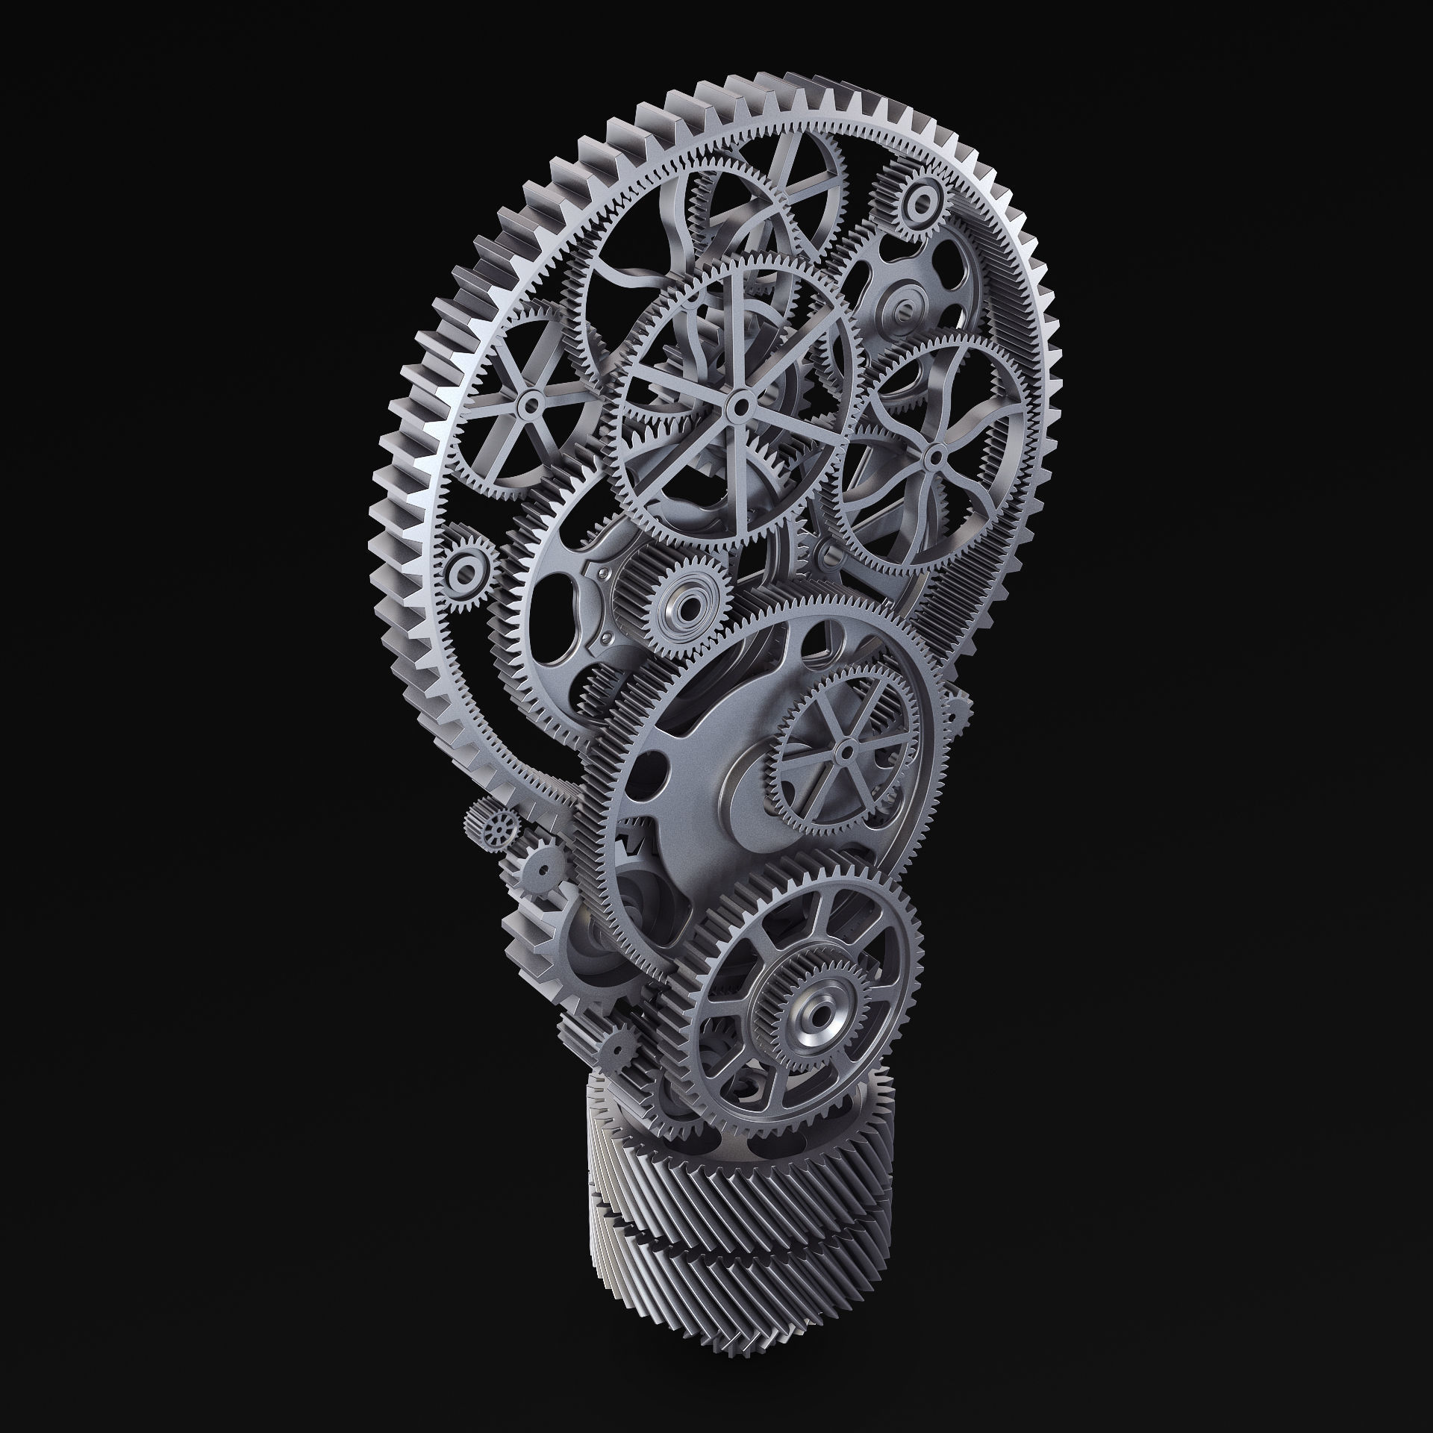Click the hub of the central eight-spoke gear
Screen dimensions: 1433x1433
point(739,406)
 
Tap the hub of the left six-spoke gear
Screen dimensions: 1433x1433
point(531,403)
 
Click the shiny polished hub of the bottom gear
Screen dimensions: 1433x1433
point(814,1014)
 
